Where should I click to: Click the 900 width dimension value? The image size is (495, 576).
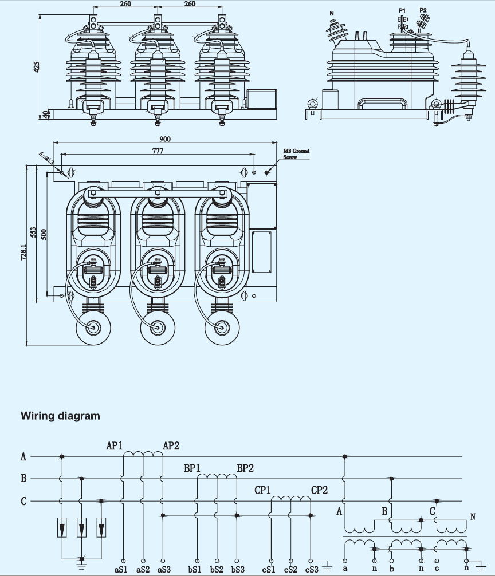[165, 139]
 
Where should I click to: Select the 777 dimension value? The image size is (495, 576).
[158, 151]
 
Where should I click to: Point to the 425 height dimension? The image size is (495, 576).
[37, 66]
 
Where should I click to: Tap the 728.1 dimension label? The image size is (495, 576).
[23, 253]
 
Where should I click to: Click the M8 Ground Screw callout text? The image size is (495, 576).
[296, 154]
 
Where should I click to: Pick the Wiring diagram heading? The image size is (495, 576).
[60, 416]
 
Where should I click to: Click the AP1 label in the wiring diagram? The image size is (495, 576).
[114, 445]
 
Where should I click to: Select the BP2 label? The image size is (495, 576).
[245, 468]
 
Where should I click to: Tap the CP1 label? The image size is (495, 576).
[263, 490]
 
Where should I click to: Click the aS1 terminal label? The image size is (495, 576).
[121, 569]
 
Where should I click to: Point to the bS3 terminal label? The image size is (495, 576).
[238, 569]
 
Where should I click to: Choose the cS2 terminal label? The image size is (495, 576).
[290, 569]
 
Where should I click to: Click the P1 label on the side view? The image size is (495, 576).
[402, 11]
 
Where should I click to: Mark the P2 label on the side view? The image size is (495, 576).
[423, 10]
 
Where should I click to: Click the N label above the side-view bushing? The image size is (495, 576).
[332, 14]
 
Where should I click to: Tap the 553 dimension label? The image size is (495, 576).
[33, 232]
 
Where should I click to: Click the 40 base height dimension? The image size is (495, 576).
[46, 115]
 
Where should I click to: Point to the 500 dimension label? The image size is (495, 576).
[44, 234]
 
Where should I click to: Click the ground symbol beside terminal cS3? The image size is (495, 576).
[327, 569]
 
